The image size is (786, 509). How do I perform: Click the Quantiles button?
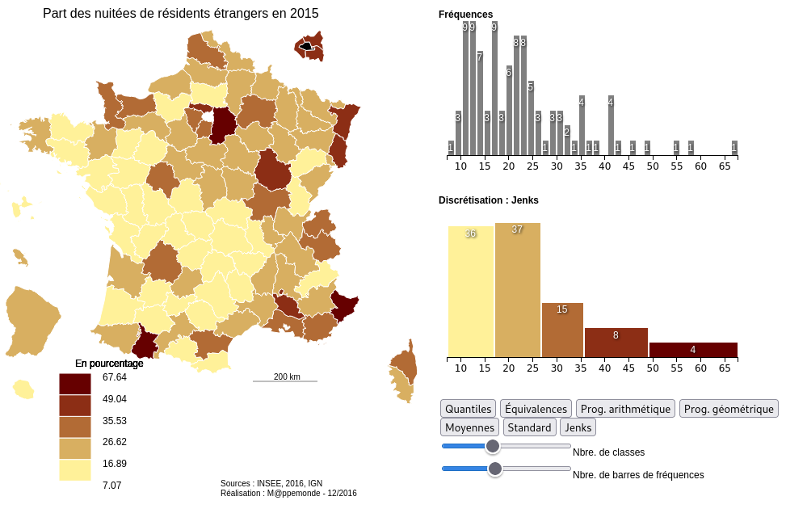point(469,409)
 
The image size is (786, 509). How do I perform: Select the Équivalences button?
point(536,409)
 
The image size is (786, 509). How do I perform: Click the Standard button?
point(530,427)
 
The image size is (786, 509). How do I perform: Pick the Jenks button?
point(578,427)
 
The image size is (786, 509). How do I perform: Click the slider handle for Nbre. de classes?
point(493,446)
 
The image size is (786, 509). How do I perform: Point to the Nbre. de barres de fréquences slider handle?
point(495,469)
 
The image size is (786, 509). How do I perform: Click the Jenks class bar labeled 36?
point(470,292)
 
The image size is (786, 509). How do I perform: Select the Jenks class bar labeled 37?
point(517,290)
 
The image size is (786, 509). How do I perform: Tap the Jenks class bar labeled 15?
point(562,330)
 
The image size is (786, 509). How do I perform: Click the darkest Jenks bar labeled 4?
point(693,350)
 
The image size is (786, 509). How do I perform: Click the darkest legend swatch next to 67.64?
point(74,384)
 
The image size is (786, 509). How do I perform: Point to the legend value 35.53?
point(115,420)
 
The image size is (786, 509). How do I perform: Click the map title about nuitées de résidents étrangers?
point(180,14)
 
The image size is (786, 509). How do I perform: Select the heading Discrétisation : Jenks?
point(488,200)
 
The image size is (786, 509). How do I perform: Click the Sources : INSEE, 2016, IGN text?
point(271,483)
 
